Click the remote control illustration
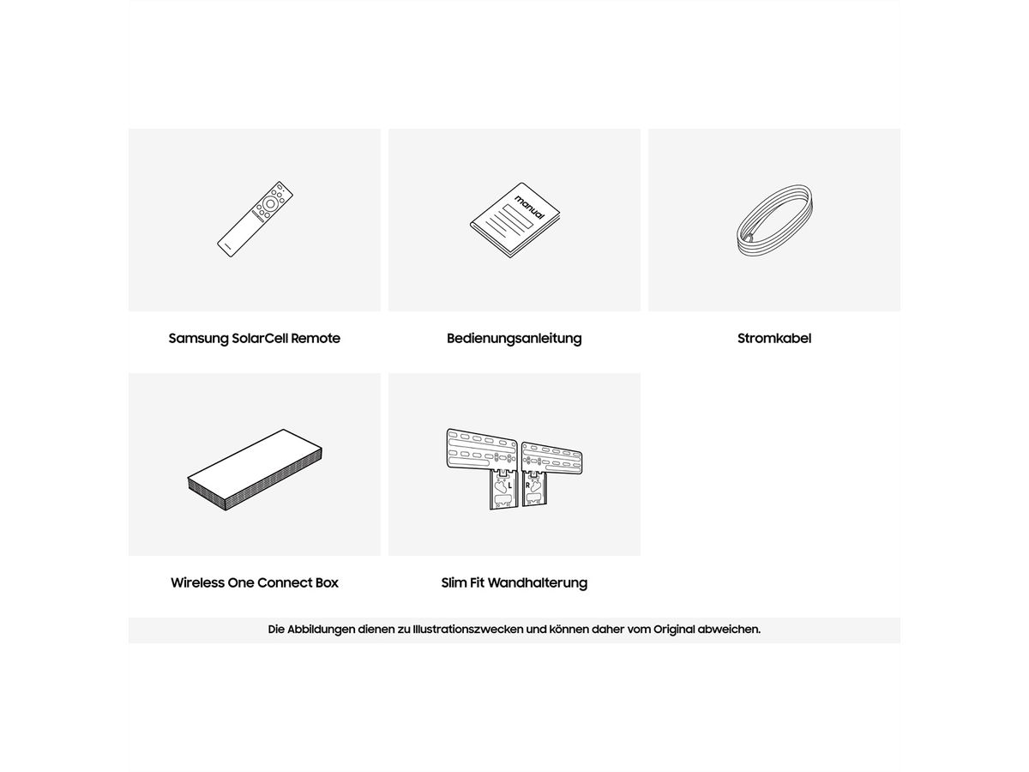pyautogui.click(x=255, y=219)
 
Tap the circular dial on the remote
pyautogui.click(x=270, y=204)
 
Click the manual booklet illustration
pyautogui.click(x=514, y=220)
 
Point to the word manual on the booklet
pyautogui.click(x=530, y=208)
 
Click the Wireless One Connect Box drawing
pyautogui.click(x=255, y=470)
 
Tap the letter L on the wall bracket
pyautogui.click(x=510, y=486)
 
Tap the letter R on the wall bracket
pyautogui.click(x=527, y=486)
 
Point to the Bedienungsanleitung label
pyautogui.click(x=514, y=339)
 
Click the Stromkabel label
pyautogui.click(x=774, y=338)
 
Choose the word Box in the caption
pyautogui.click(x=327, y=582)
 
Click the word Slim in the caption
pyautogui.click(x=454, y=582)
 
